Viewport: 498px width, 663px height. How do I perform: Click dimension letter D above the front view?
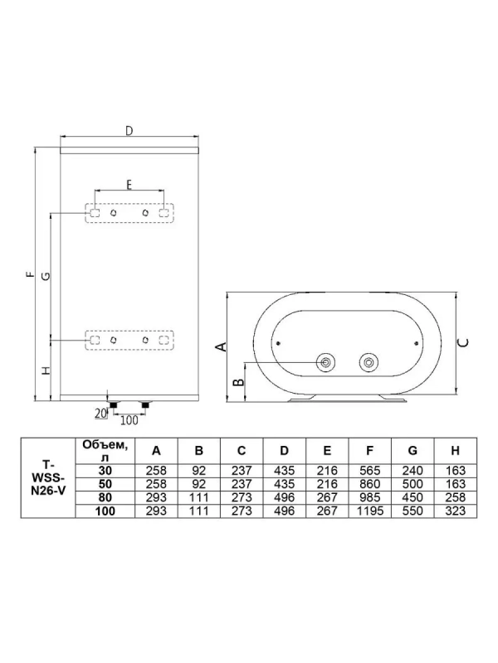click(x=129, y=132)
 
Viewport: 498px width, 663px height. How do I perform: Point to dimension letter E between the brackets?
click(x=129, y=184)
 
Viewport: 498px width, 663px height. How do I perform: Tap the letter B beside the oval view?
click(x=237, y=382)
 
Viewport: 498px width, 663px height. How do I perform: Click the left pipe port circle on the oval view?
click(x=327, y=362)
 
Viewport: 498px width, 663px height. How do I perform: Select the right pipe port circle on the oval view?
click(x=367, y=362)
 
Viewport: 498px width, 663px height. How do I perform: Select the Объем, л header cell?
click(x=103, y=452)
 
